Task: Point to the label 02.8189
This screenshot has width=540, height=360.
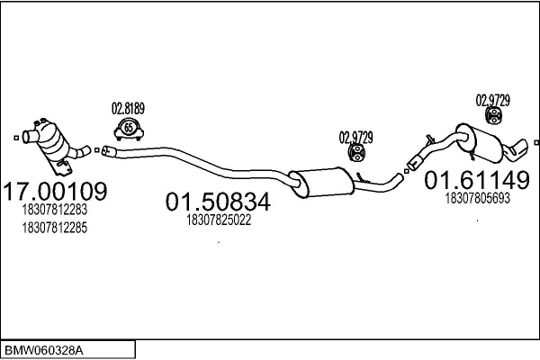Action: (128, 108)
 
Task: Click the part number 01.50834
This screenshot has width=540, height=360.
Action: (218, 204)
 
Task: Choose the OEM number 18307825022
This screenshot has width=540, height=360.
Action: (218, 220)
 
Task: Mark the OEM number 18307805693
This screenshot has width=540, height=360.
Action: (477, 197)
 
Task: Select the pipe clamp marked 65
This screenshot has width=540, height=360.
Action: (129, 130)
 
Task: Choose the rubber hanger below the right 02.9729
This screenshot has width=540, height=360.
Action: (492, 116)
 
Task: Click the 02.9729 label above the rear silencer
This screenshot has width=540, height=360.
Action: (492, 99)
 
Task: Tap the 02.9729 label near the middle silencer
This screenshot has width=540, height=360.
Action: (355, 138)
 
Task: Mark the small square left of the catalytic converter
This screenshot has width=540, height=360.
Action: (15, 137)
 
